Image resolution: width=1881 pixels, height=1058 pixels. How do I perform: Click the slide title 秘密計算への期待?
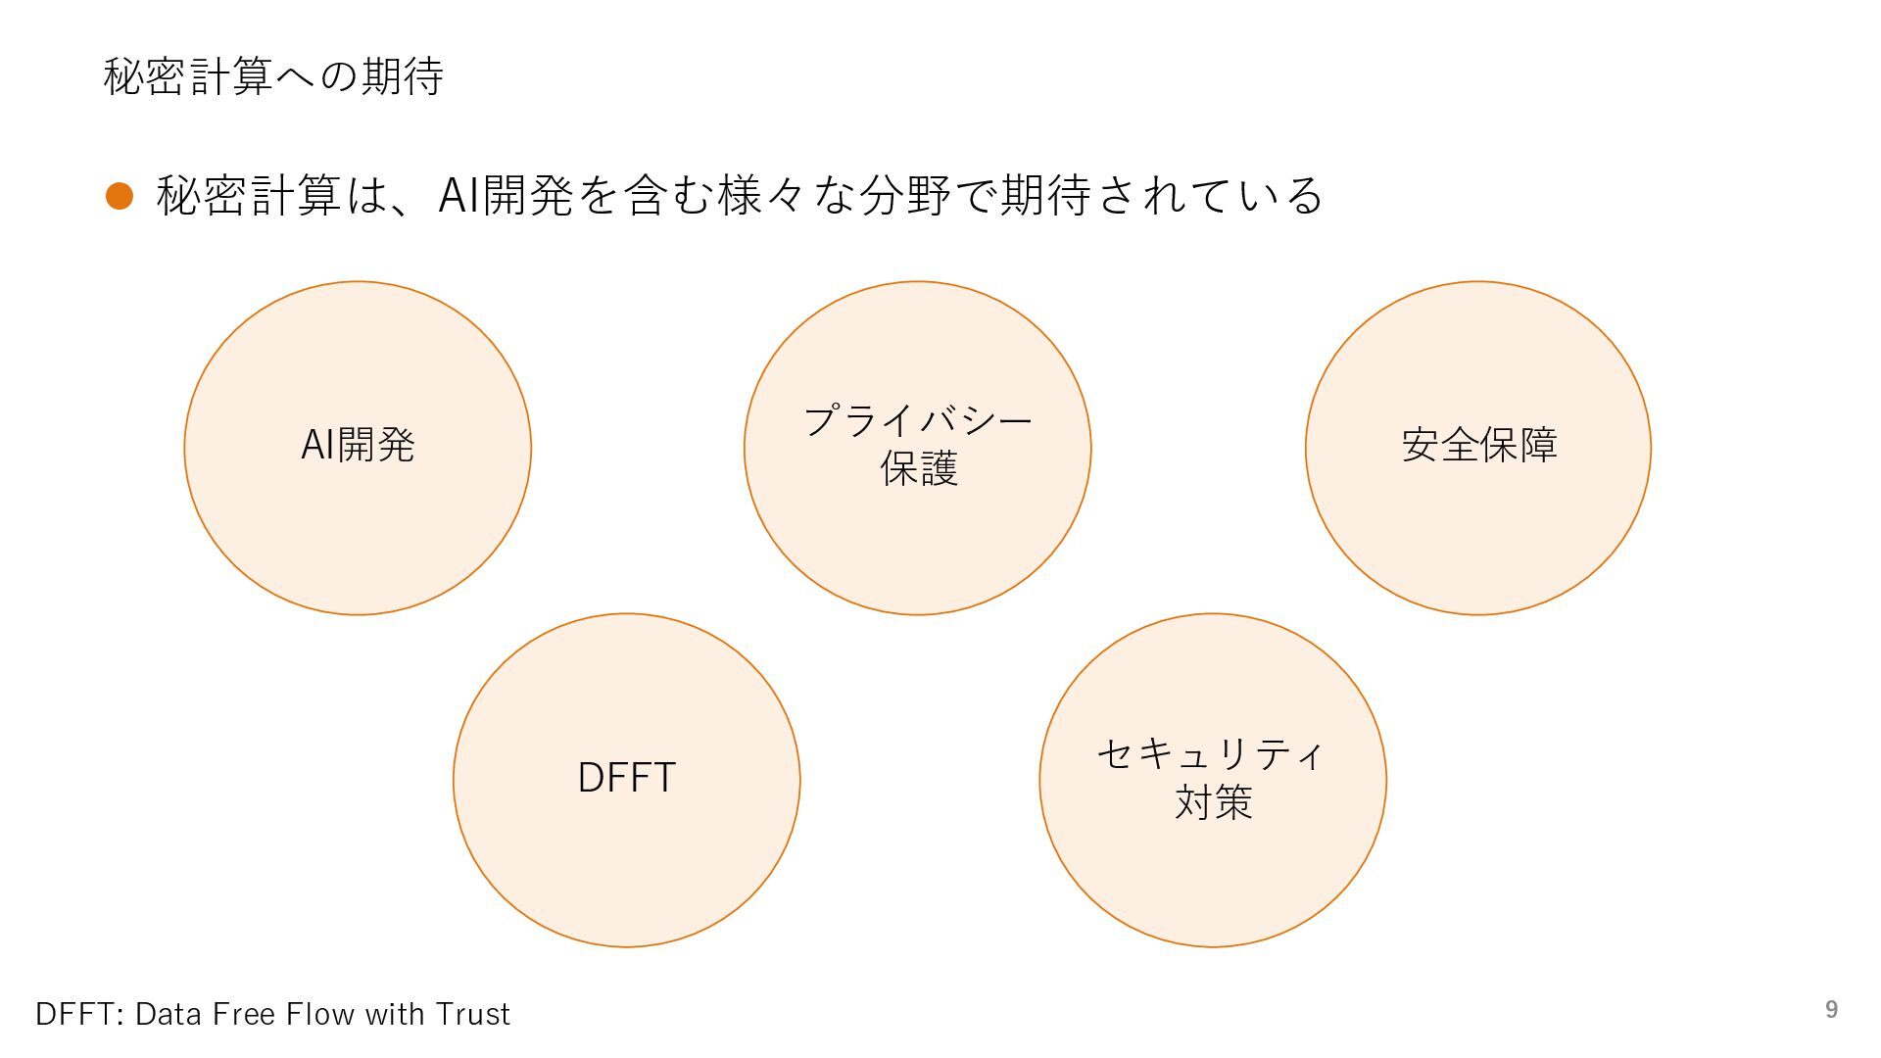pos(273,76)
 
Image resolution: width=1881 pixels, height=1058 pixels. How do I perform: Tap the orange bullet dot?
pos(120,196)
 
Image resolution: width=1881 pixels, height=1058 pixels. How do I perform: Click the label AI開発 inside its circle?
pos(358,445)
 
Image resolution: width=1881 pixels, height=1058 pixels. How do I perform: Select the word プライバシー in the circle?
pos(918,421)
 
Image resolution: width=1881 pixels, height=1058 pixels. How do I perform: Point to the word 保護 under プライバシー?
pos(918,469)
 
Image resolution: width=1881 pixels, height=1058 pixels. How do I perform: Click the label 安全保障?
pos(1478,445)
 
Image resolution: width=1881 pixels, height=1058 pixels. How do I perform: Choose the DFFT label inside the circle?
pos(626,778)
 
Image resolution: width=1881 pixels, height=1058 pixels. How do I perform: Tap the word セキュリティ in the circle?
pos(1211,754)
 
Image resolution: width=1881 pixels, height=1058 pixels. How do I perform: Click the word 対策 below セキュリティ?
pos(1213,802)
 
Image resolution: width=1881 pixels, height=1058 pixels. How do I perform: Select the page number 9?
pos(1831,1010)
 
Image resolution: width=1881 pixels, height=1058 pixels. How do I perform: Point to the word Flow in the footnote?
pos(322,1014)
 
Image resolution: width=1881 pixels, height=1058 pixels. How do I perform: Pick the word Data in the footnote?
pos(168,1014)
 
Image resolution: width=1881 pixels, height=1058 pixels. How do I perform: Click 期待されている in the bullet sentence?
pos(1162,195)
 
